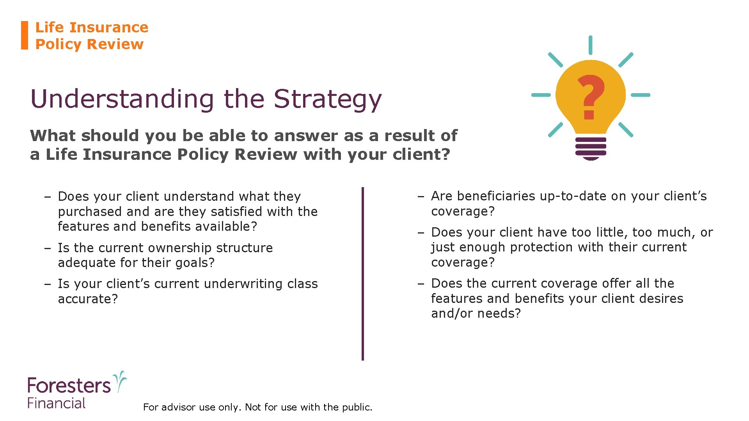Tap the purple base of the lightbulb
click(591, 148)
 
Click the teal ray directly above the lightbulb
click(591, 45)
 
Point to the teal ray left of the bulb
click(541, 95)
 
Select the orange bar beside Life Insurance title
click(25, 35)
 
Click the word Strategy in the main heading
click(327, 99)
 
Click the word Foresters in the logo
click(69, 386)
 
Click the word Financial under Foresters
click(56, 403)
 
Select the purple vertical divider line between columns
click(363, 273)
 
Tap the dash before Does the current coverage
click(421, 284)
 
